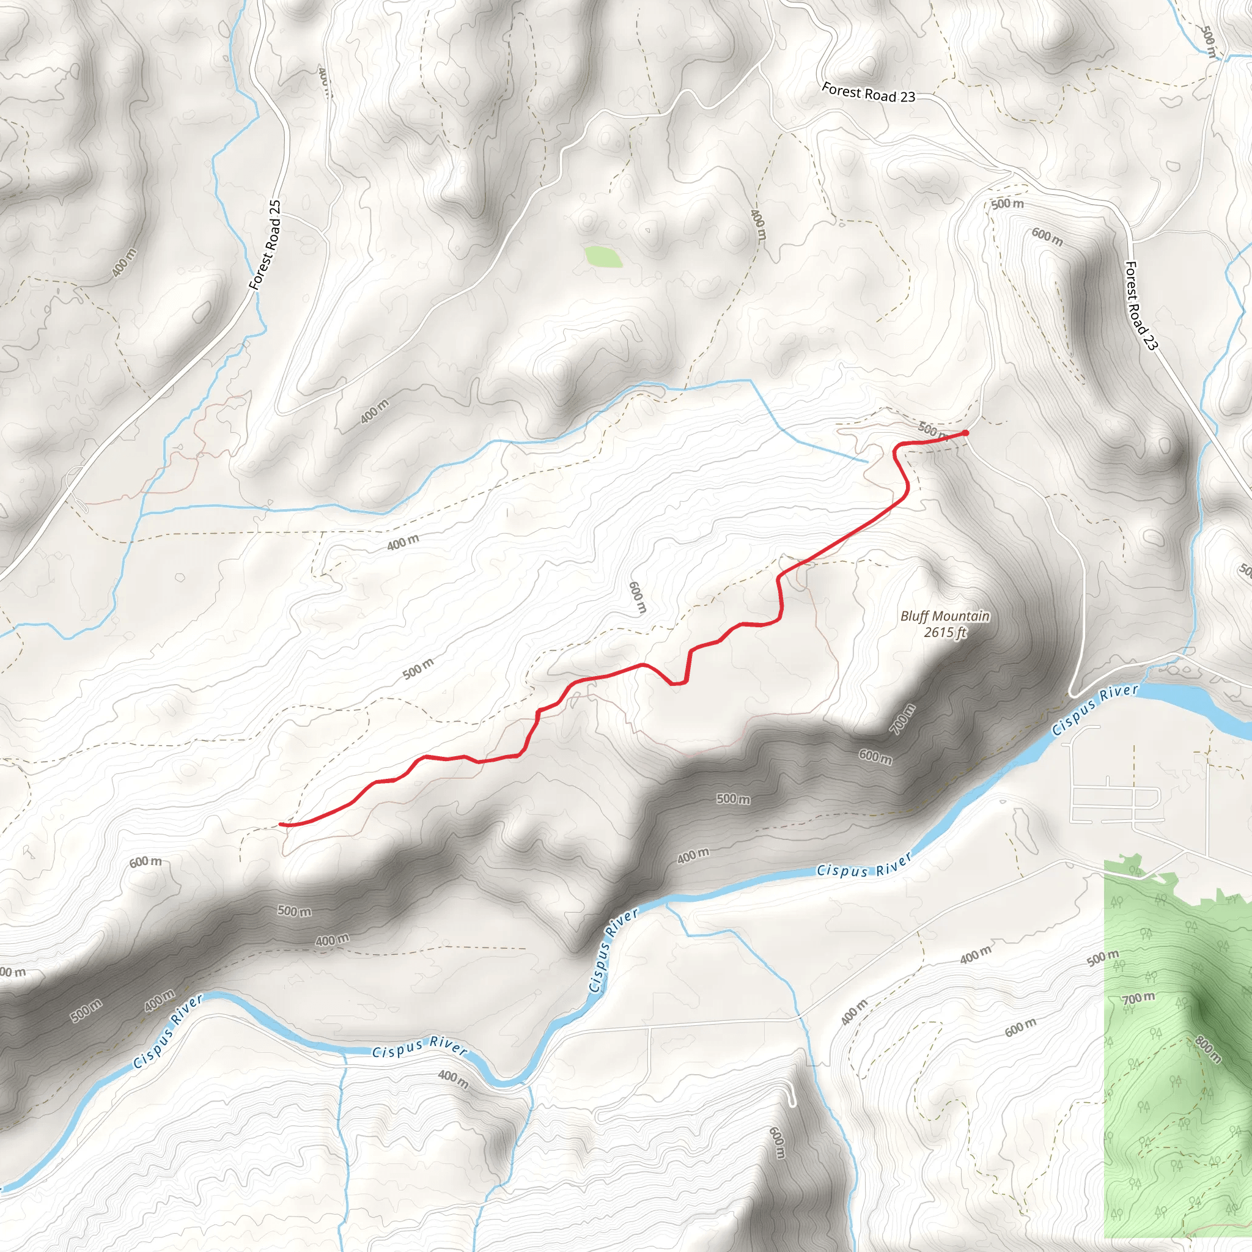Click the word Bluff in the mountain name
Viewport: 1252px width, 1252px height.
(x=914, y=616)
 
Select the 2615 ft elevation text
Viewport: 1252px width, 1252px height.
(x=945, y=632)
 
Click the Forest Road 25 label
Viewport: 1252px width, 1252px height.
(x=266, y=245)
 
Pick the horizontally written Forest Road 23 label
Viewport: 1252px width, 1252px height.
(x=868, y=93)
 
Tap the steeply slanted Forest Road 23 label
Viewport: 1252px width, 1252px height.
(x=1141, y=305)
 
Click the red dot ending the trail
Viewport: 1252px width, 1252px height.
(x=965, y=433)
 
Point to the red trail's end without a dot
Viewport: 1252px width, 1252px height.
(x=281, y=824)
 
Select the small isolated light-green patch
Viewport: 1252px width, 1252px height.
(x=603, y=256)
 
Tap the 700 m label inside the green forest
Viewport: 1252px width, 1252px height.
(x=1138, y=999)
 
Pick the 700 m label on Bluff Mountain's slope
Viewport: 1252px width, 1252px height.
(x=902, y=720)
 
